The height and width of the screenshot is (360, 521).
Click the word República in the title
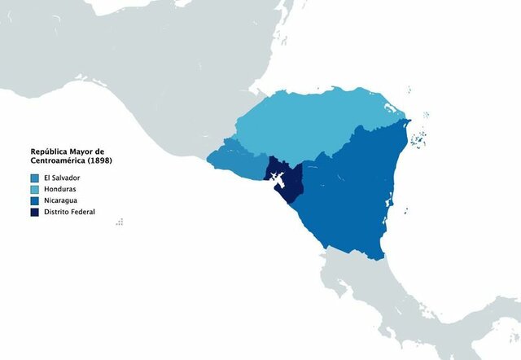(51, 151)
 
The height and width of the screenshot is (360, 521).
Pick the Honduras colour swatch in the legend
(35, 190)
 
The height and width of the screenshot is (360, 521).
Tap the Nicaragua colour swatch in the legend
(35, 200)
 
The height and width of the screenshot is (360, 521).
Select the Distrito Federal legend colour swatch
(35, 212)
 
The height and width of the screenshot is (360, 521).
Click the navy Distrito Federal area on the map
(289, 191)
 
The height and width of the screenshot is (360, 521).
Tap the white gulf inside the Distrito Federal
(277, 178)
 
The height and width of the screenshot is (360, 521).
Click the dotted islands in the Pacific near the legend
(120, 221)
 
